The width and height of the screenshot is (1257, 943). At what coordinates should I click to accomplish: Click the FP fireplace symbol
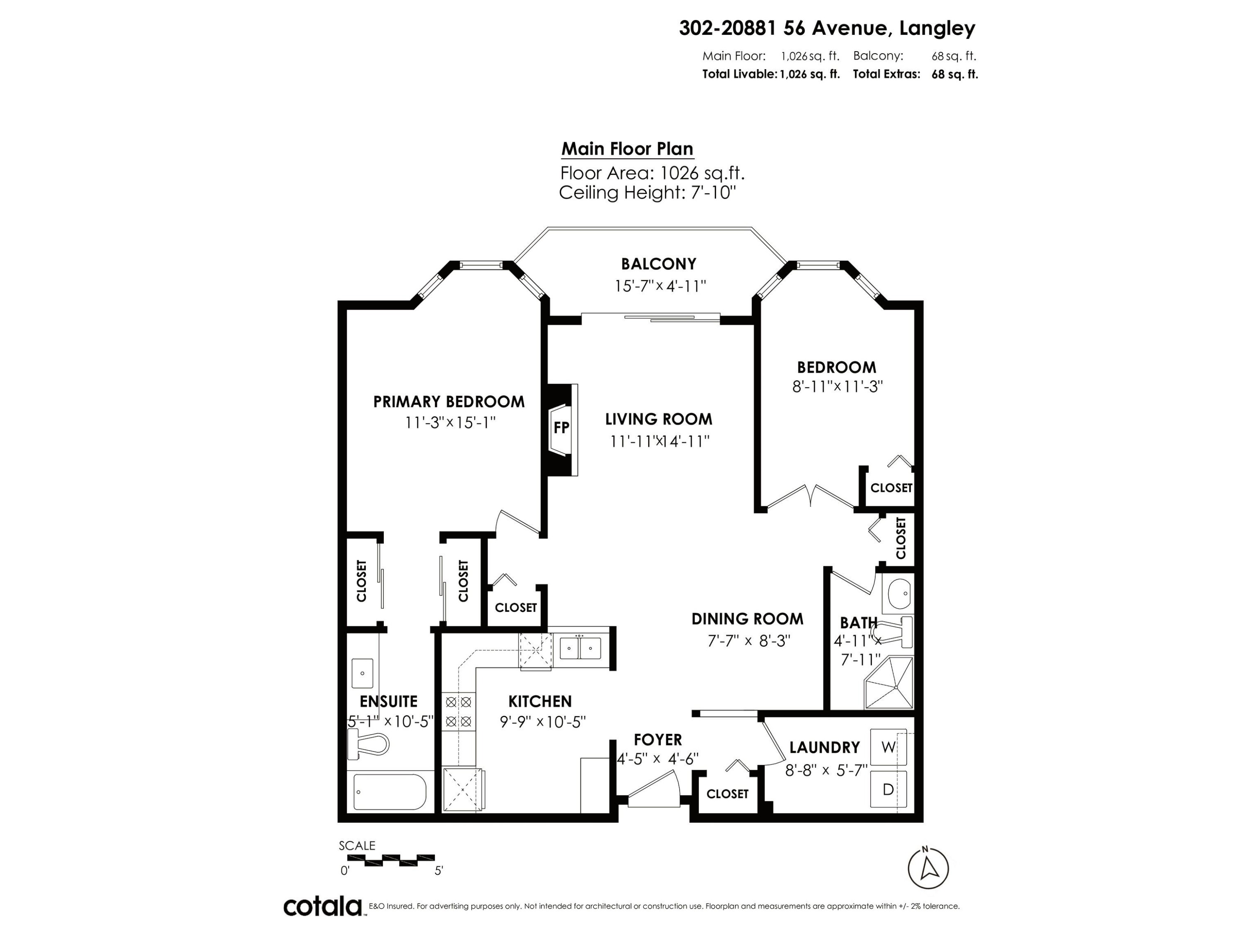click(x=561, y=428)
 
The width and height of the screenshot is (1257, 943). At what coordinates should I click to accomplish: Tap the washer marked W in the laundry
click(x=888, y=747)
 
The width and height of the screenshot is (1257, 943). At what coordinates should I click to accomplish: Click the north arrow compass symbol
click(x=928, y=868)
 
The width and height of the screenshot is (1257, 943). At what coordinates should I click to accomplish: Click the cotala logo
click(x=323, y=907)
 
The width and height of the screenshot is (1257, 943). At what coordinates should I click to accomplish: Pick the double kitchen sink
click(x=580, y=648)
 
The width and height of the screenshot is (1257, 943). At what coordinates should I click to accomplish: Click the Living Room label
click(x=658, y=420)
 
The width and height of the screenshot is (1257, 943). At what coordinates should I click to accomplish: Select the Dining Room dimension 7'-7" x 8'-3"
click(x=748, y=640)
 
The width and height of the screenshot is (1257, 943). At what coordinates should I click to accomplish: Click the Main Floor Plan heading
click(x=627, y=149)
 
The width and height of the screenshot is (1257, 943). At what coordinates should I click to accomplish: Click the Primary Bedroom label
click(x=448, y=402)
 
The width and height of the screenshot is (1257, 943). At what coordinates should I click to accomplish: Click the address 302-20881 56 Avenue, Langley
click(x=827, y=28)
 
